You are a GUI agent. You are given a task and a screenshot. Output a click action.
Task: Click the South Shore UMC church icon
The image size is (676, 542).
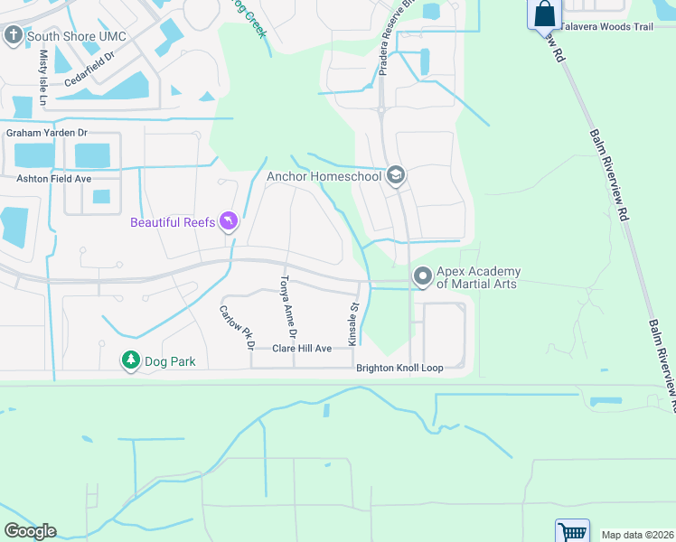click(13, 36)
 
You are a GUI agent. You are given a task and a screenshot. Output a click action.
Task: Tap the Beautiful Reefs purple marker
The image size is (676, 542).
click(229, 220)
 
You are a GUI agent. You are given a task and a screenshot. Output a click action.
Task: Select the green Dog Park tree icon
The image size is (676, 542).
click(131, 361)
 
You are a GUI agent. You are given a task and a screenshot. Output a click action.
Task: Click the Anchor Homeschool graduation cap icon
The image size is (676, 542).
click(395, 176)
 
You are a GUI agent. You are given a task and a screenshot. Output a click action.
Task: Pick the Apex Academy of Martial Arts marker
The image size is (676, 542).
click(422, 277)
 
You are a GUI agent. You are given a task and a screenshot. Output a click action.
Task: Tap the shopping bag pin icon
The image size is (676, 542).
click(544, 14)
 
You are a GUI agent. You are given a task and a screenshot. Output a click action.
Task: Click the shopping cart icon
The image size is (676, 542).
click(571, 532)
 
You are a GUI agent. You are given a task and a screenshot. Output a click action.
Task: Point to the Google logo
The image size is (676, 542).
click(30, 531)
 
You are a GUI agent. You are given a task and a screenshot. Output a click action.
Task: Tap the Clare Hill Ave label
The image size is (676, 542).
click(303, 348)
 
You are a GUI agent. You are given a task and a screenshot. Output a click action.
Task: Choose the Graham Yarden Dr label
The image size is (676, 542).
click(46, 133)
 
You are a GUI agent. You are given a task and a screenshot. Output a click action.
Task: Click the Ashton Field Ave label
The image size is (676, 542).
click(54, 179)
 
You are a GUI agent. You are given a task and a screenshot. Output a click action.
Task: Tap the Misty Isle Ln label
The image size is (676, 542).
click(42, 75)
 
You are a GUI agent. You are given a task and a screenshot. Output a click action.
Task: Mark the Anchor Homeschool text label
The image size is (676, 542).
click(324, 176)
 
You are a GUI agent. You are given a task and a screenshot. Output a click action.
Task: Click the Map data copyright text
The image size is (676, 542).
click(636, 535)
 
